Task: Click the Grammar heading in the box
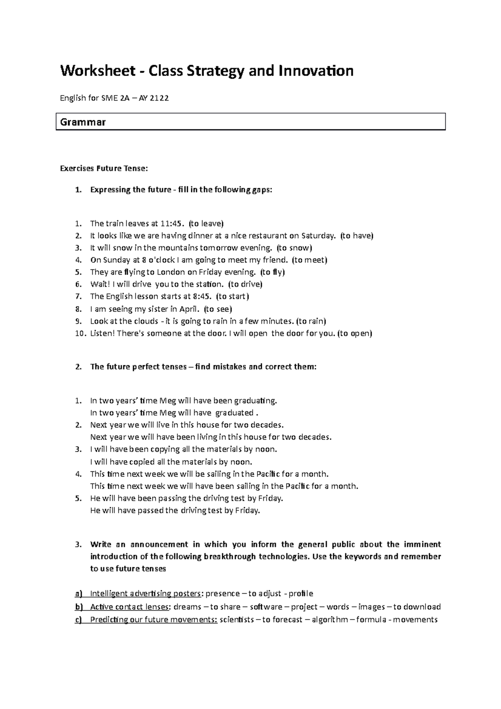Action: [83, 122]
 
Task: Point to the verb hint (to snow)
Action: [294, 248]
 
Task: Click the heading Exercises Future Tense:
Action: [104, 169]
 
